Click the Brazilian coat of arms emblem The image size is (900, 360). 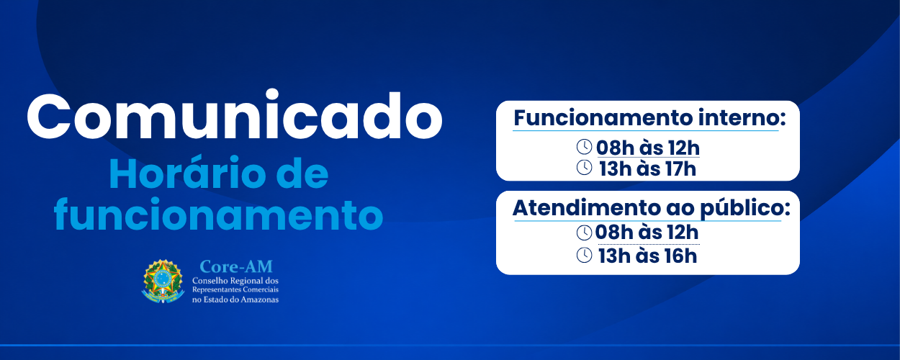[x=163, y=281]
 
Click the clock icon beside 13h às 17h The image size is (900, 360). [x=585, y=168]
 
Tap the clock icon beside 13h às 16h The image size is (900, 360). [x=585, y=255]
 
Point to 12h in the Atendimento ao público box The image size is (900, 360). [x=683, y=233]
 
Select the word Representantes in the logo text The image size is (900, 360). [x=217, y=289]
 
